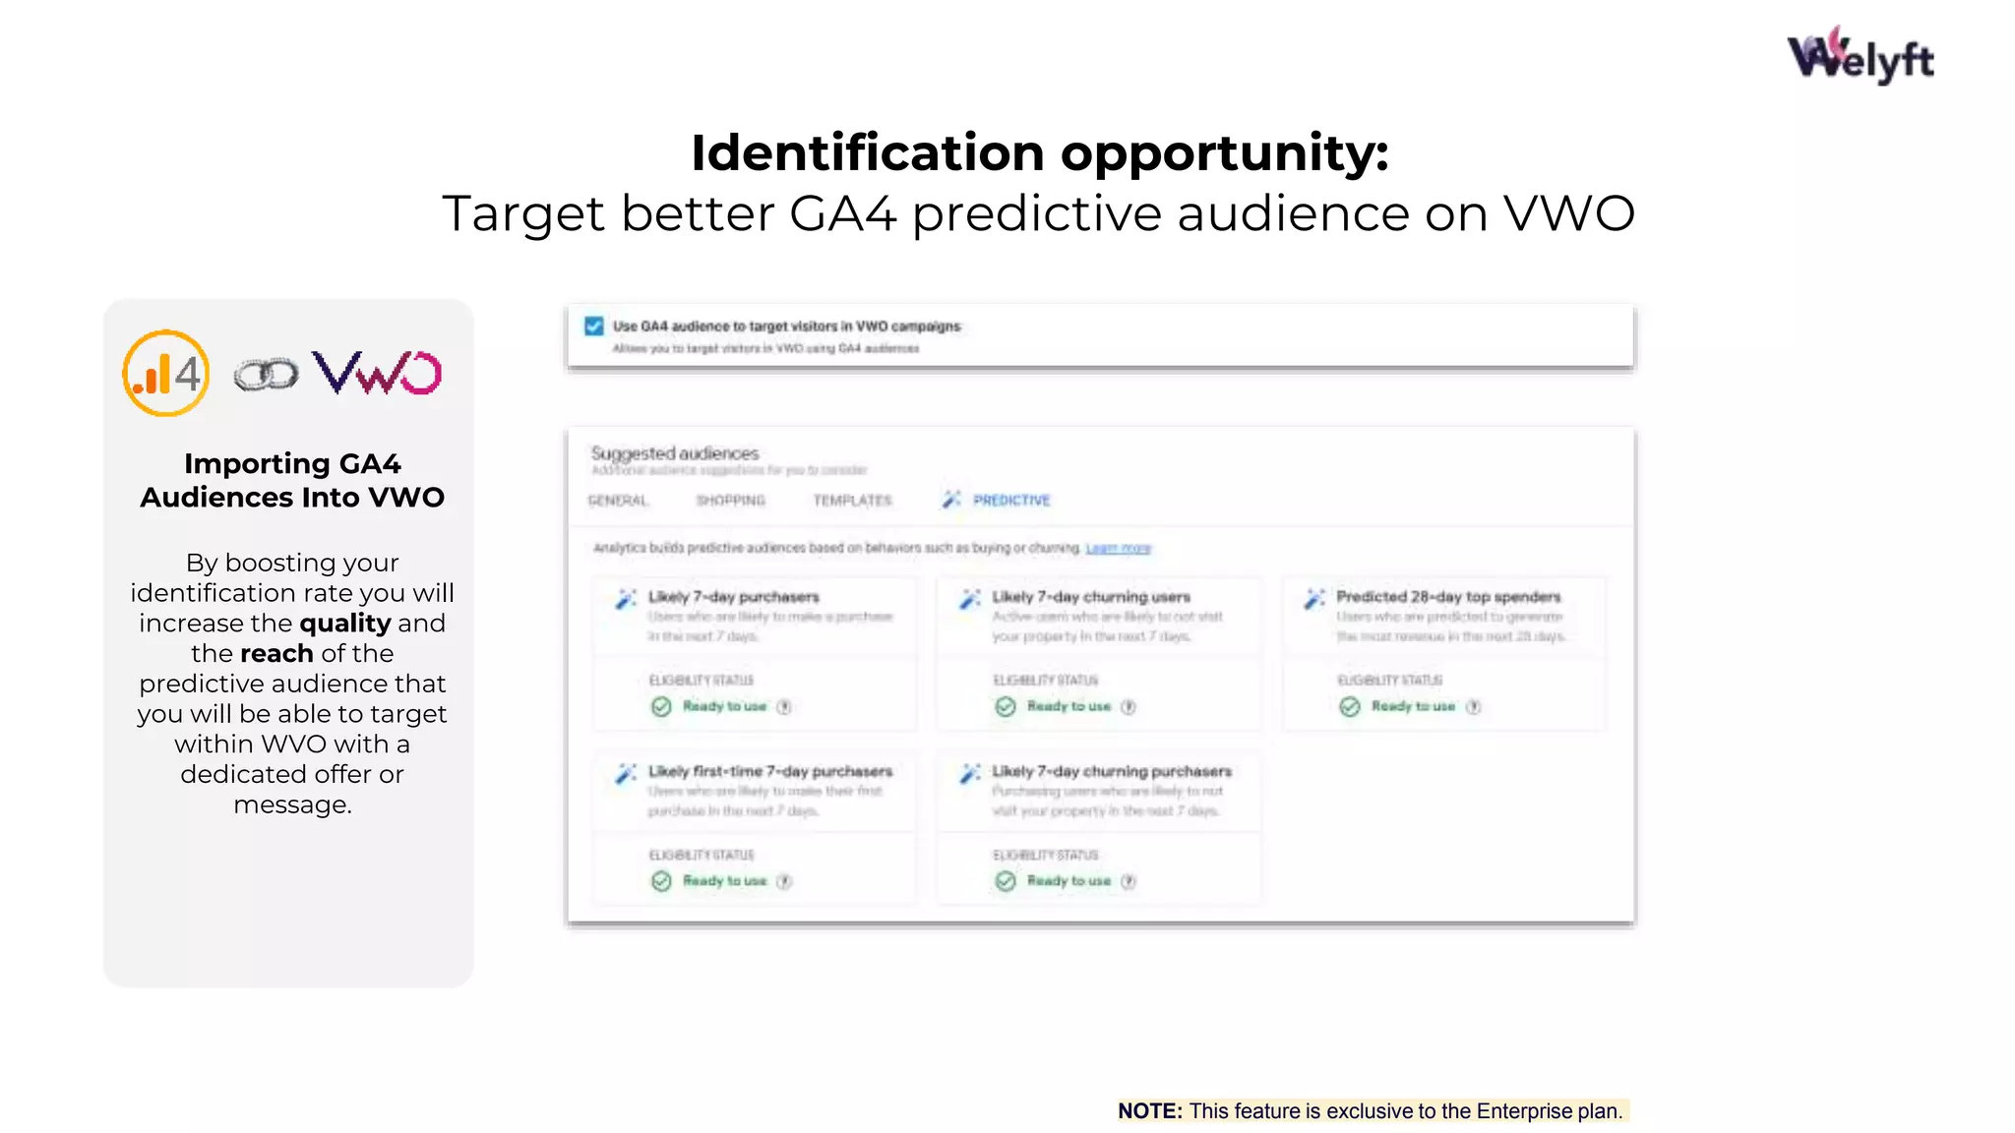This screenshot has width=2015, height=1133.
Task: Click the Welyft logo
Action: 1860,56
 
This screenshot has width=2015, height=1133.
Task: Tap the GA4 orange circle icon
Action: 165,374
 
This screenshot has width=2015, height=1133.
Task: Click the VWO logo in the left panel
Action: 377,373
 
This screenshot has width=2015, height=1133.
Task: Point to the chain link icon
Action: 266,375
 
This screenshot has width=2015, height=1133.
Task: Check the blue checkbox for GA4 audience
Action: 594,327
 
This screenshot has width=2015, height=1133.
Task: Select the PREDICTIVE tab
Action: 1010,501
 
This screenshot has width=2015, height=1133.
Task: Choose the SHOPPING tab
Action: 730,501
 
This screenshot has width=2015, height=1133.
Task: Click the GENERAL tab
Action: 618,501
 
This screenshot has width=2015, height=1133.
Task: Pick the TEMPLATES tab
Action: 852,501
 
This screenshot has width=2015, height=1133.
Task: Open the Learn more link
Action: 1118,548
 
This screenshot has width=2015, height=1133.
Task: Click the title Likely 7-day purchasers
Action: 733,597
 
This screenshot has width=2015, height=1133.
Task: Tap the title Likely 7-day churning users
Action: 1090,597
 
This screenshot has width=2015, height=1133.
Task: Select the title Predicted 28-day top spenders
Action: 1447,597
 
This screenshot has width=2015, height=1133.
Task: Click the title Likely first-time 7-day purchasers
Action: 769,772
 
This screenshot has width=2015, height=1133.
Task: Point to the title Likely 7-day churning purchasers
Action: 1111,772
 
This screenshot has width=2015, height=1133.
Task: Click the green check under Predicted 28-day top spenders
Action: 1350,707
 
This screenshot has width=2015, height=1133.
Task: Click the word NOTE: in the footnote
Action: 1149,1111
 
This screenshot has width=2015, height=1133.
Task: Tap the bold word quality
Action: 344,624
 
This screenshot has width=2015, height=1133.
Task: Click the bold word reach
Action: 276,654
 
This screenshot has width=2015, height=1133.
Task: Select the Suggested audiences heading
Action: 675,453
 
